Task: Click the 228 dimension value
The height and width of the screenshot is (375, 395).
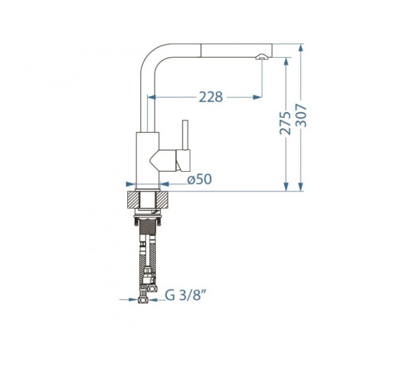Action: click(x=211, y=97)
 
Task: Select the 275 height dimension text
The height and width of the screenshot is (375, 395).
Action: click(x=285, y=123)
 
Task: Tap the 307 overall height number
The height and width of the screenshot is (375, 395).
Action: click(x=301, y=115)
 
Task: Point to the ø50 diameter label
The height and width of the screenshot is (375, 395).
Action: click(x=200, y=179)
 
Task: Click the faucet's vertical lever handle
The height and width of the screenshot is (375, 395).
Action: click(x=186, y=135)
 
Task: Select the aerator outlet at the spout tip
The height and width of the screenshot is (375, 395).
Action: click(x=262, y=57)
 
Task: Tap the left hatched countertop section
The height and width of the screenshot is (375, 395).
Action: click(x=133, y=200)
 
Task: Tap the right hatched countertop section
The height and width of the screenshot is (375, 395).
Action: click(x=162, y=200)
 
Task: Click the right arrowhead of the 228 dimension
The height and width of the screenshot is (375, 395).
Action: click(x=257, y=97)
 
